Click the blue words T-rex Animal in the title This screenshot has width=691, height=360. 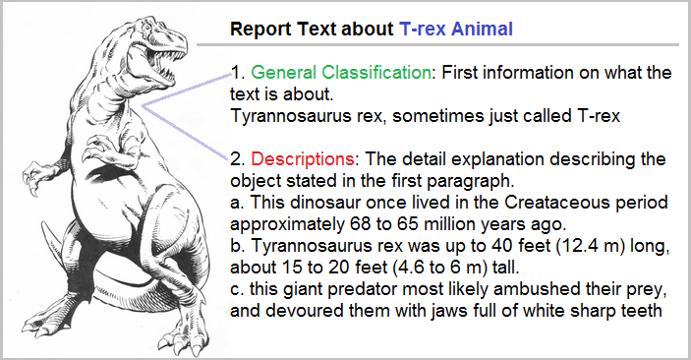[x=456, y=30]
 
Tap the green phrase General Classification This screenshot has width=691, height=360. [x=341, y=73]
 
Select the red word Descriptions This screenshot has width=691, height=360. [x=303, y=158]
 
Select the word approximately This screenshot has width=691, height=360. [x=287, y=224]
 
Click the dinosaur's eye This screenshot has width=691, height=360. [x=145, y=29]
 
